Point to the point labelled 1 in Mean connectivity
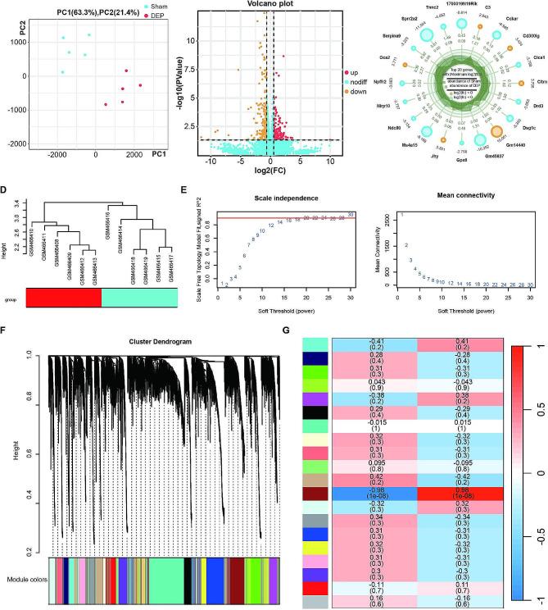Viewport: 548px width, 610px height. coord(402,216)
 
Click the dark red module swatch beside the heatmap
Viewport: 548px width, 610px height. coord(316,493)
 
